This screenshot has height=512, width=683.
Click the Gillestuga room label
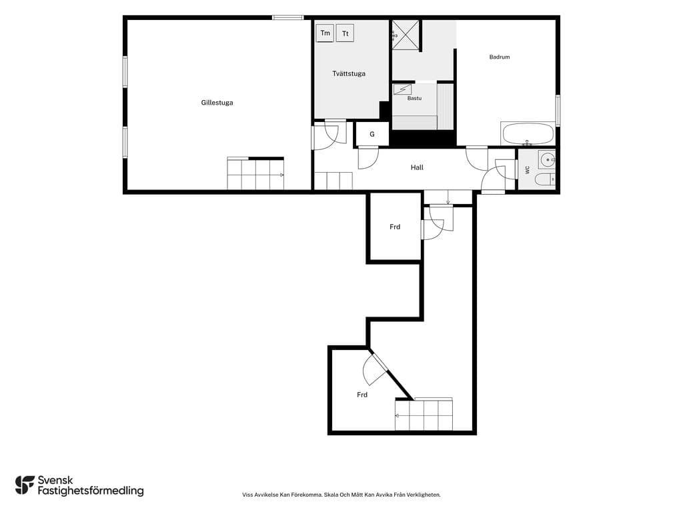217,103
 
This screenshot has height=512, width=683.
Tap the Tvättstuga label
348,73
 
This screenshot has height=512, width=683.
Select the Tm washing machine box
325,33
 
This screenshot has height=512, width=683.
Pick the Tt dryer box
345,33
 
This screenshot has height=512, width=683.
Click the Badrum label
499,57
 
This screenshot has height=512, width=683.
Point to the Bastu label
414,98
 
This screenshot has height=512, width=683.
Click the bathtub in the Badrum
528,133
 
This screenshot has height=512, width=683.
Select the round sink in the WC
547,160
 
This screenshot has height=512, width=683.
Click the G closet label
372,134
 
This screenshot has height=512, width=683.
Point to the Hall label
417,167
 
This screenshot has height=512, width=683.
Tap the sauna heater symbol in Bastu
402,89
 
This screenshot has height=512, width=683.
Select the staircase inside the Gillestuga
255,174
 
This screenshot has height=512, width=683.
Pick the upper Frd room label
395,227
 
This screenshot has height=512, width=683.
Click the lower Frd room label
362,395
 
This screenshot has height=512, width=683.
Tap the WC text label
528,170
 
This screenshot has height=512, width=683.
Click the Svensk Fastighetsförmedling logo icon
25,485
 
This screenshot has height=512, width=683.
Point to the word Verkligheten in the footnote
426,495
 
